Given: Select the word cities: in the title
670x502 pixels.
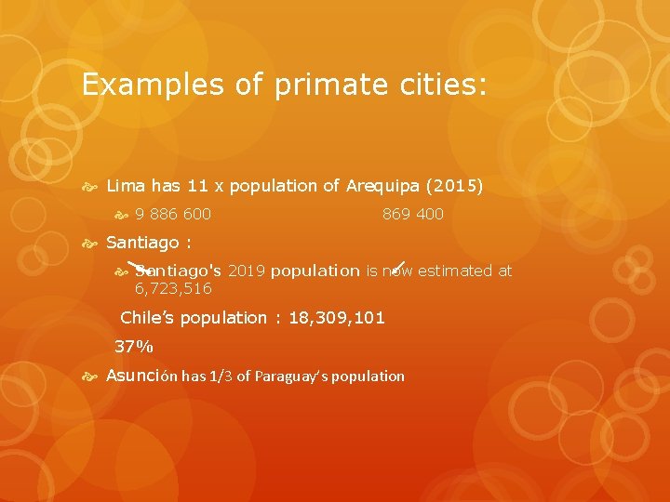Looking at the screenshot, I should (435, 86).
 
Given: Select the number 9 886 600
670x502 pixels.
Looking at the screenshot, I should (173, 215).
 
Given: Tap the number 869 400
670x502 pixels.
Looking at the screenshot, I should (413, 215).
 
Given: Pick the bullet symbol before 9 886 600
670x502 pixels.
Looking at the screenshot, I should (120, 216).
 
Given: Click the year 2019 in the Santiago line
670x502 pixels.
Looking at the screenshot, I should (247, 271).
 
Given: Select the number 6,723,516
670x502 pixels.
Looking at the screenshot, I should (173, 289).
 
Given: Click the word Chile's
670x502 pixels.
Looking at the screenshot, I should (147, 318).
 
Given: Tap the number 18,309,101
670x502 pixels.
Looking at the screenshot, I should (337, 318).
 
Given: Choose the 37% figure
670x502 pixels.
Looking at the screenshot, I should (134, 348).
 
